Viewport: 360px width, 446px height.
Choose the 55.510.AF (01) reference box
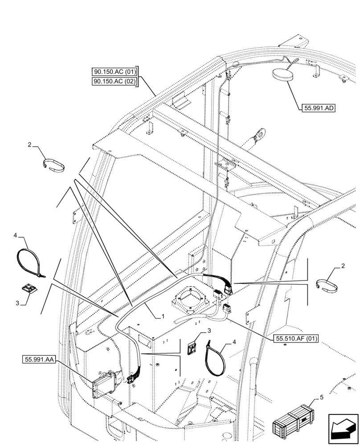point(295,338)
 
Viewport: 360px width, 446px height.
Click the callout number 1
point(164,315)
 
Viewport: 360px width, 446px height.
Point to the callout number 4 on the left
point(15,235)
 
